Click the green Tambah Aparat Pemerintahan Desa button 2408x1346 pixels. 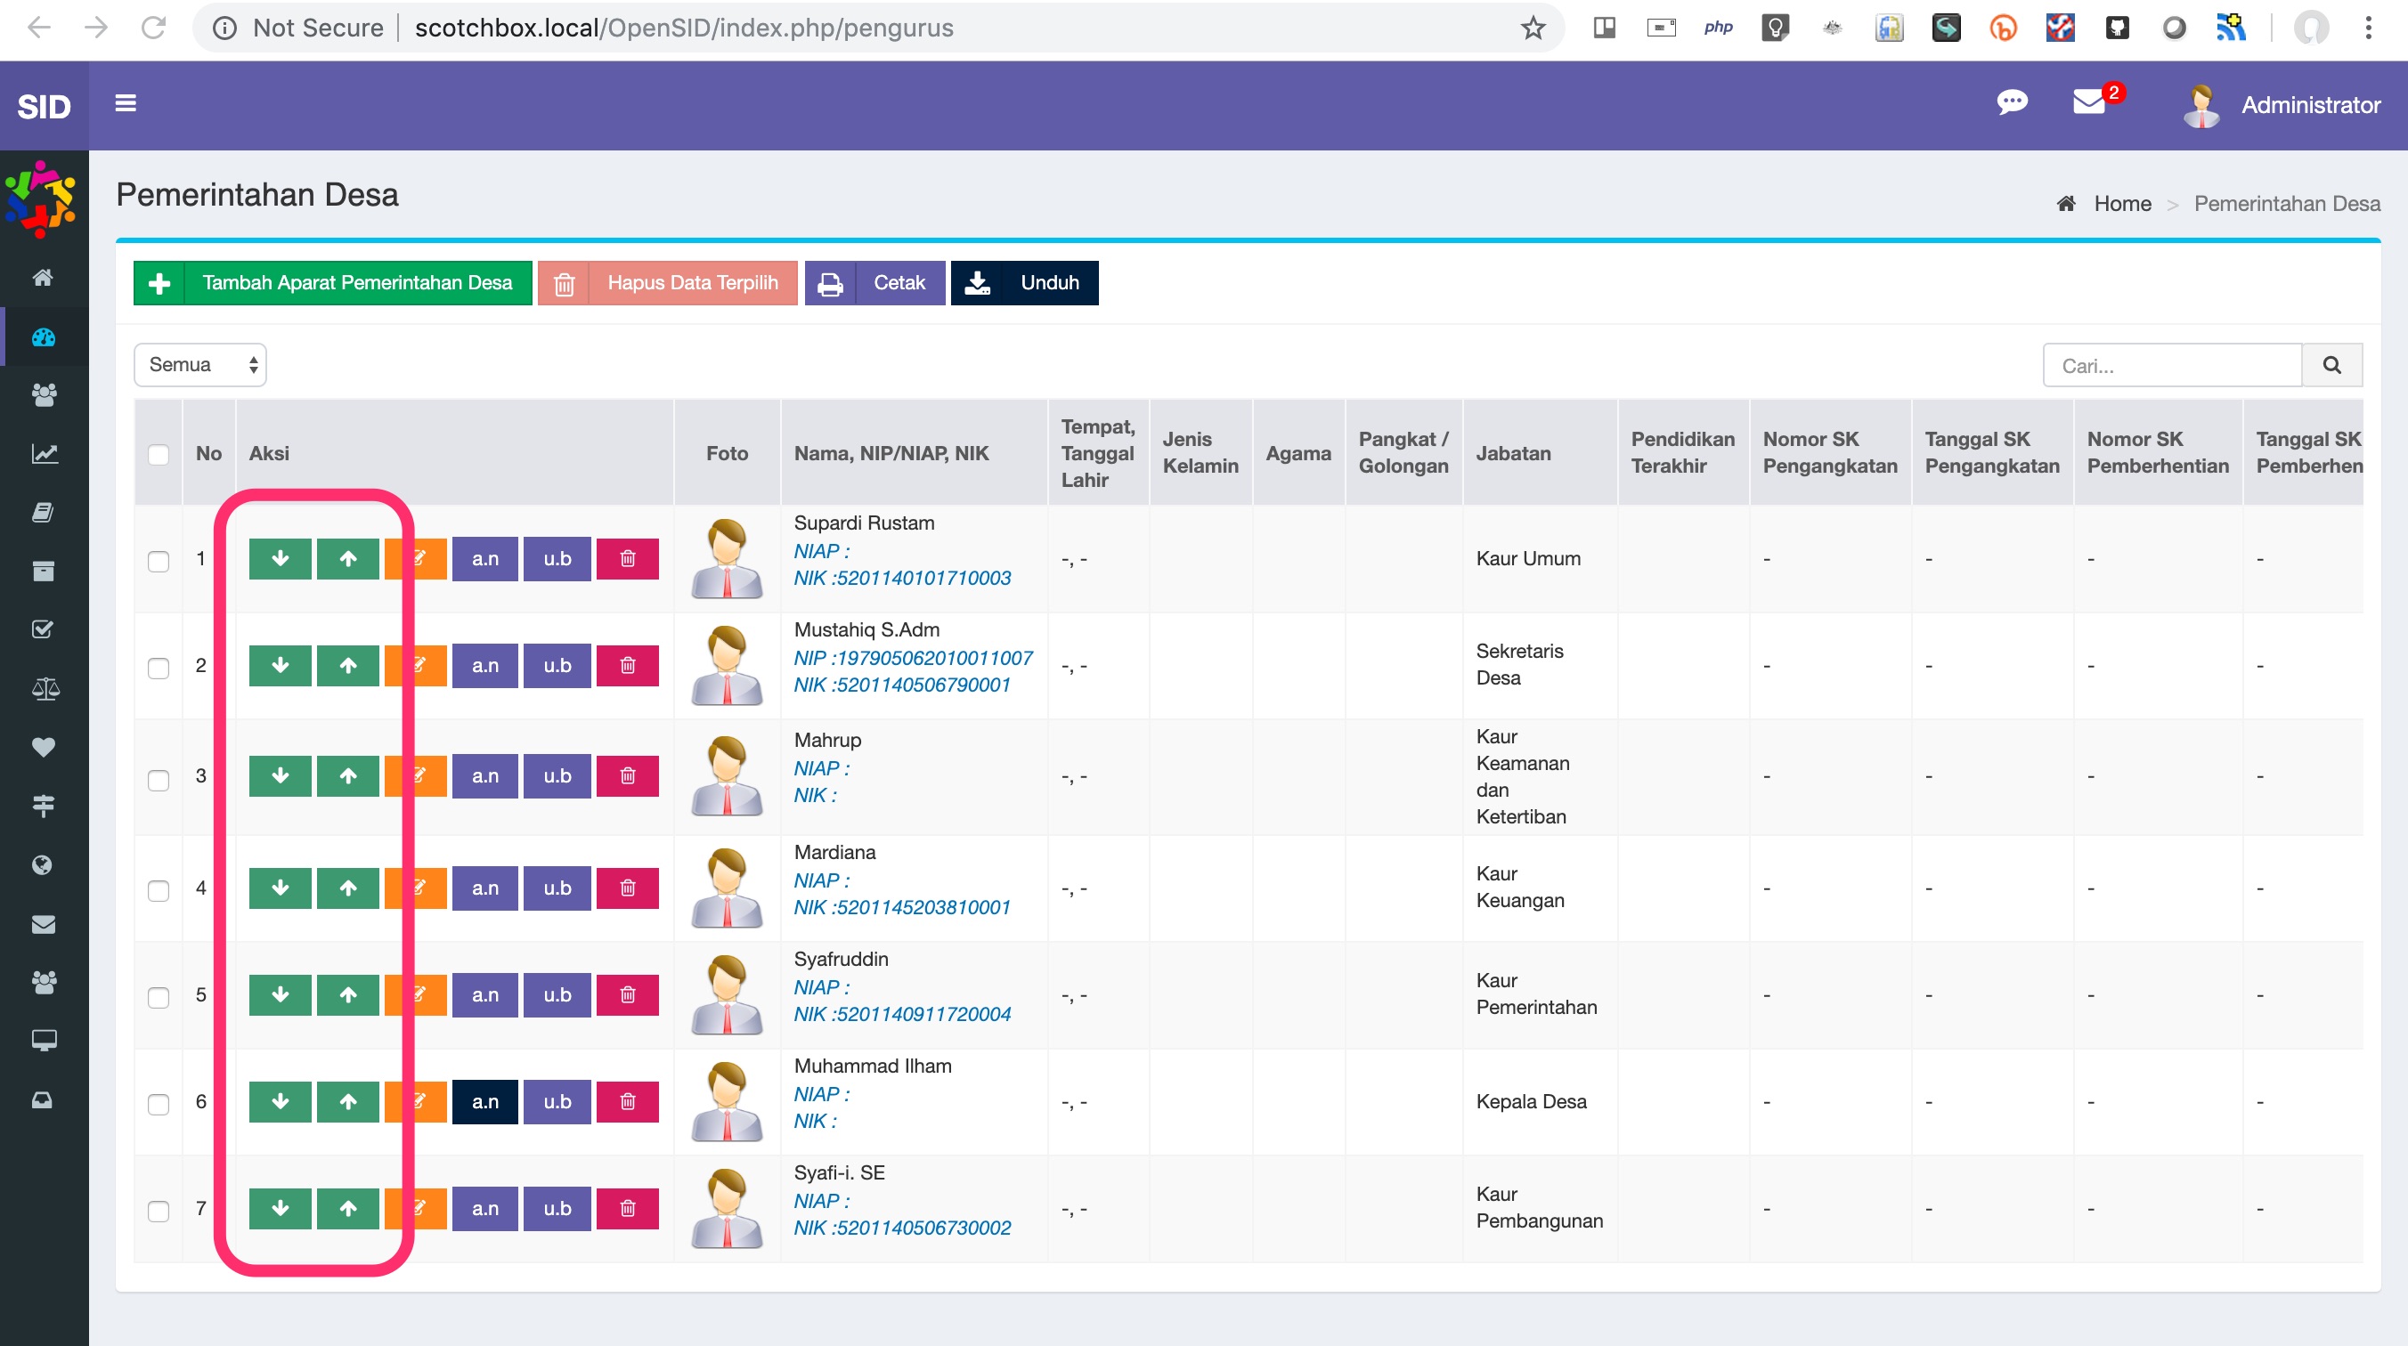click(x=333, y=282)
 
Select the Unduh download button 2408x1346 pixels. click(x=1024, y=282)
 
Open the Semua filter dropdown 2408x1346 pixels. click(x=200, y=365)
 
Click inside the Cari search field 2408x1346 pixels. click(x=2172, y=366)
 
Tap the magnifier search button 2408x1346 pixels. click(x=2332, y=366)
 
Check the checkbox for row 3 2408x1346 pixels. click(x=159, y=780)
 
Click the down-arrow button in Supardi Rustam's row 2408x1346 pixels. click(x=281, y=559)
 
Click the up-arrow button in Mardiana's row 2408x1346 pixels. click(x=347, y=888)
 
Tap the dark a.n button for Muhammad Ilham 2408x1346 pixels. click(x=485, y=1101)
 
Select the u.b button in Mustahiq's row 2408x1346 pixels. click(x=557, y=666)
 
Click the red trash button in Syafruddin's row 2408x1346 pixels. click(x=627, y=994)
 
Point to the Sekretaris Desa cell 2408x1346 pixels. click(x=1519, y=665)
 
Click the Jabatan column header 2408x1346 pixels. click(x=1513, y=453)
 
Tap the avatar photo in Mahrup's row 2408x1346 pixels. click(x=728, y=776)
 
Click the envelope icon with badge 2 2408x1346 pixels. click(x=2090, y=101)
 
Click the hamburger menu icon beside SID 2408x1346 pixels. click(x=126, y=103)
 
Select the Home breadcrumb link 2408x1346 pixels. click(x=2122, y=204)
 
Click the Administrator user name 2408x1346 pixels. click(x=2311, y=105)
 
